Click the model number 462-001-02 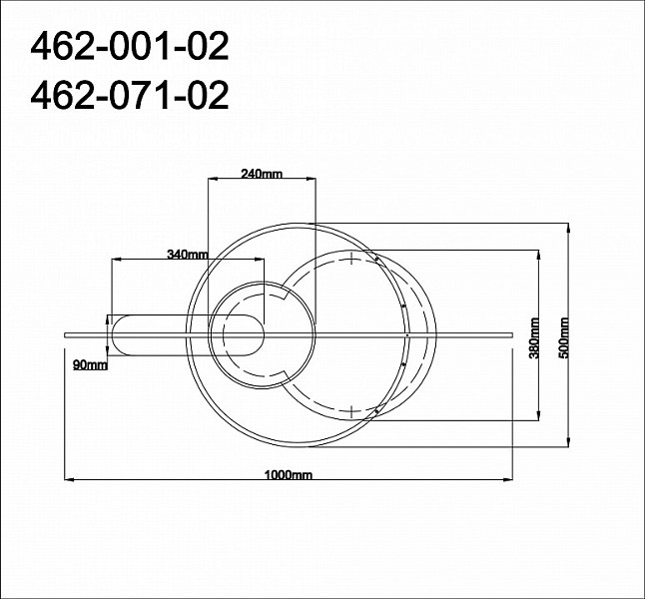(x=129, y=47)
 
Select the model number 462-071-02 (x=129, y=95)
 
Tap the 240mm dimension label (x=262, y=174)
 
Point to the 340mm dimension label (x=188, y=255)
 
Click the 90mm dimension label (x=90, y=364)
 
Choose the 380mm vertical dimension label (x=534, y=338)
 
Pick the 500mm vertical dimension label (x=563, y=338)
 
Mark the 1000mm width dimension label (x=289, y=475)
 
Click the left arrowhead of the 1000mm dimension (x=69, y=479)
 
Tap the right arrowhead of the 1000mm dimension (x=507, y=479)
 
